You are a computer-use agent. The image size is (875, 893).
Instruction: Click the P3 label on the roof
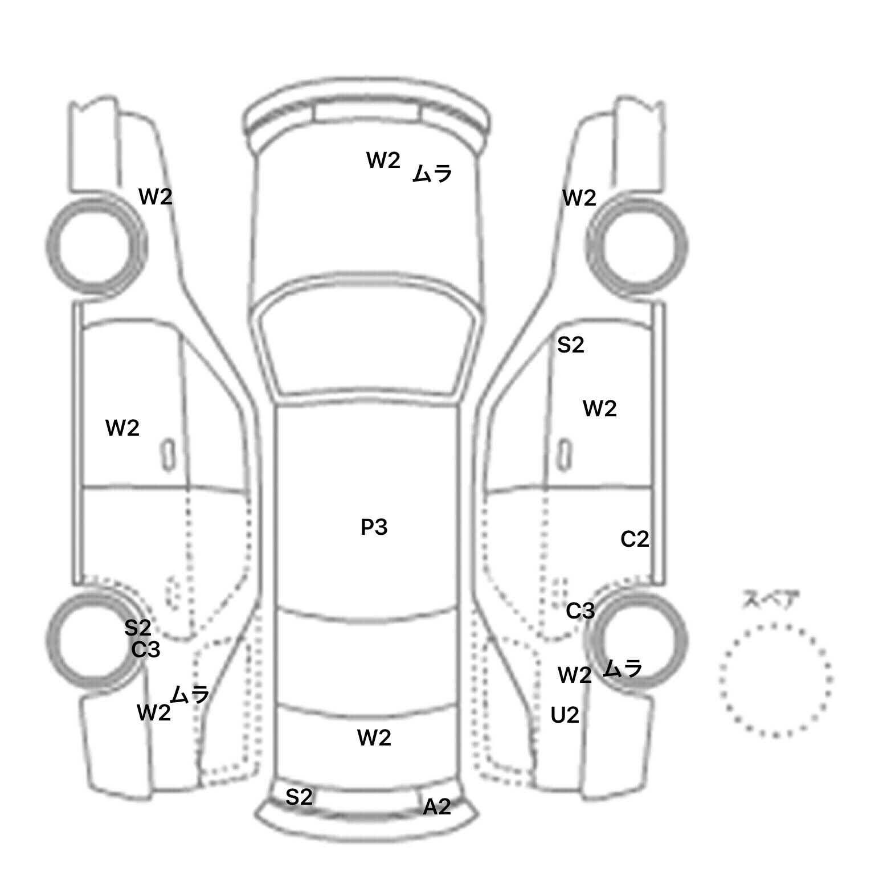374,527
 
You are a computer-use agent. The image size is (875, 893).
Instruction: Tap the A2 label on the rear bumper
437,806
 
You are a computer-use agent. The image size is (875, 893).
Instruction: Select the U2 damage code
565,715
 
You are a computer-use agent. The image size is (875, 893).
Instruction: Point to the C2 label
635,539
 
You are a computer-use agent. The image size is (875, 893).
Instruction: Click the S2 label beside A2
299,797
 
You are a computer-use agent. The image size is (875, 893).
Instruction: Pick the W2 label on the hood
383,161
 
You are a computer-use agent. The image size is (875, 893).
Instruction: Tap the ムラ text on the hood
432,173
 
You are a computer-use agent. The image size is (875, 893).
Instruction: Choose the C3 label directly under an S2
146,649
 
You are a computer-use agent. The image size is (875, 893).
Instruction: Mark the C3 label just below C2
580,611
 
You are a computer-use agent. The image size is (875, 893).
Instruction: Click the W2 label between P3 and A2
374,738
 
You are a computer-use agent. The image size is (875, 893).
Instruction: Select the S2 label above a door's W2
571,345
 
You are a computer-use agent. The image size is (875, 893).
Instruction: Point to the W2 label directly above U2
575,675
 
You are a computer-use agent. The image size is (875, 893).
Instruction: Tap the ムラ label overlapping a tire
623,668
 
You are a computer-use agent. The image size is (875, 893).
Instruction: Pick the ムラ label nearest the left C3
190,695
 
